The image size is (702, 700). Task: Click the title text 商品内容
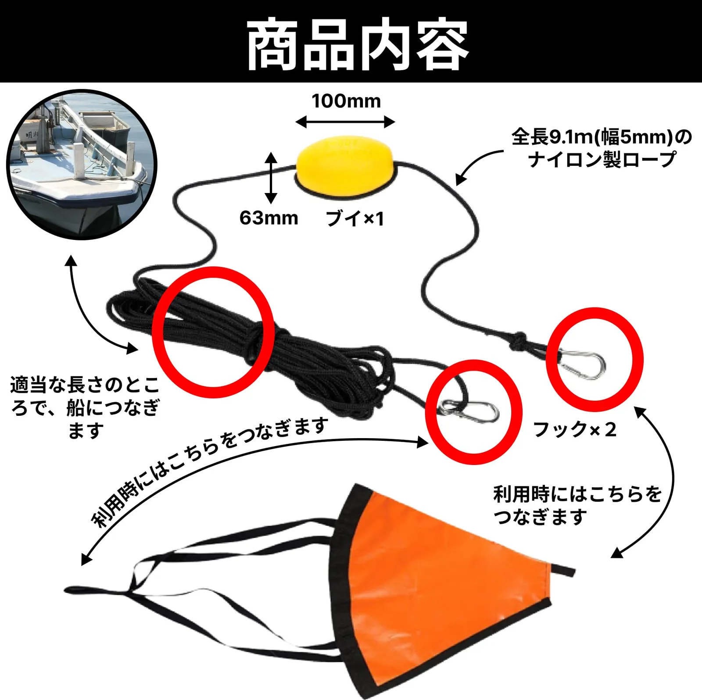point(358,45)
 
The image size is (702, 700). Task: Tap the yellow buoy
point(345,165)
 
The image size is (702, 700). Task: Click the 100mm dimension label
point(346,101)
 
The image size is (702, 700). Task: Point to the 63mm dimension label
point(269,218)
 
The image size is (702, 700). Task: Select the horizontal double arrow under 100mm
point(345,122)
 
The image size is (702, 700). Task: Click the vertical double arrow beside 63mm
point(271,178)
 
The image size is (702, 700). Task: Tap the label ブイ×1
point(355,218)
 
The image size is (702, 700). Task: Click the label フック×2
point(575,429)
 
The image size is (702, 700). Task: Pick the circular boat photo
point(82,164)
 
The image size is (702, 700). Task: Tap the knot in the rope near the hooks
point(519,341)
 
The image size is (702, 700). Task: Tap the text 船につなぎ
point(113,407)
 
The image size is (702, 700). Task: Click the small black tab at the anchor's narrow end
point(563,570)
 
